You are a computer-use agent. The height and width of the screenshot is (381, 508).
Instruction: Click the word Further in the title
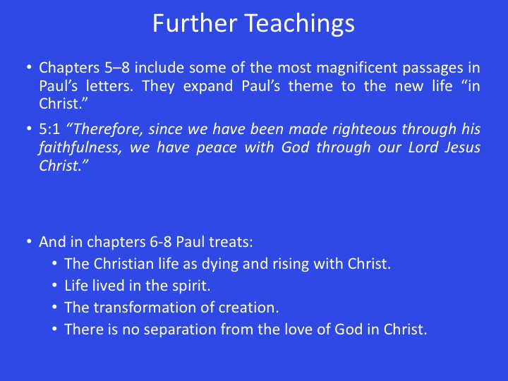pos(195,23)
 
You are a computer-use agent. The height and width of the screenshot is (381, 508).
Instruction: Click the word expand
pos(208,87)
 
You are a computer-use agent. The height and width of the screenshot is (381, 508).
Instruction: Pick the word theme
pos(310,86)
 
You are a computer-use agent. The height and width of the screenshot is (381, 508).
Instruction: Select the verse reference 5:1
pos(49,129)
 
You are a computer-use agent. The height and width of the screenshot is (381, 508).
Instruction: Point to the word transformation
pos(144,308)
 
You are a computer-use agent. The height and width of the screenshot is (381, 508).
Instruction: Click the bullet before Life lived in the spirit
pos(54,286)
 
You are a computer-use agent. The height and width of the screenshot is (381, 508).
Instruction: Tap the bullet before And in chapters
pos(29,242)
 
